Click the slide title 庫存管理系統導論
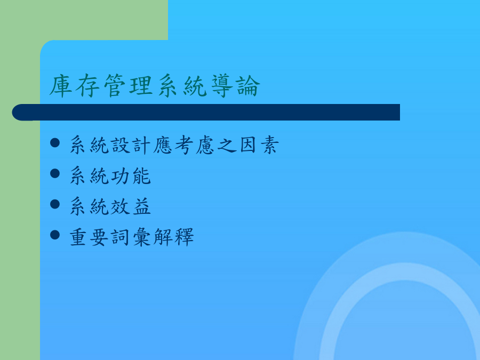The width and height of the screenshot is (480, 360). coord(155,86)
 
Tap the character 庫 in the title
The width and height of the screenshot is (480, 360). coord(61,86)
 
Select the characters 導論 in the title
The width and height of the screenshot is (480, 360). coord(236,86)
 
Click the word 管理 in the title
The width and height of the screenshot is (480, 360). coord(128,86)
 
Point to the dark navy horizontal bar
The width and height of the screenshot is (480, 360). coord(206,113)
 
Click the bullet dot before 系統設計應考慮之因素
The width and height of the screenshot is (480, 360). coord(55,143)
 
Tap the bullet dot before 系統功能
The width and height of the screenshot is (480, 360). coord(55,173)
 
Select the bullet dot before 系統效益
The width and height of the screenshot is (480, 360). coord(55,204)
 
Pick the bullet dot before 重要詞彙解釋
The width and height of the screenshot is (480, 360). coord(55,235)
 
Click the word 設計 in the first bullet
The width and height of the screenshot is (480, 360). coord(131,145)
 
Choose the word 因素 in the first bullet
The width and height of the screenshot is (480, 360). coord(259,145)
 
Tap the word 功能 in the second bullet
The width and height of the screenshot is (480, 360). coord(131,175)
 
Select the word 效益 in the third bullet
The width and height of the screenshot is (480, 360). coord(131,206)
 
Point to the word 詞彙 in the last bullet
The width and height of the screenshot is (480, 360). coord(131,237)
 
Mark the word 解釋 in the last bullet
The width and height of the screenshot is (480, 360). coord(173,237)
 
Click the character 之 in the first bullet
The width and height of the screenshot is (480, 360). coord(227,145)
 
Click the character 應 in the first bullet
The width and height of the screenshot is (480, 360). coord(163,145)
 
